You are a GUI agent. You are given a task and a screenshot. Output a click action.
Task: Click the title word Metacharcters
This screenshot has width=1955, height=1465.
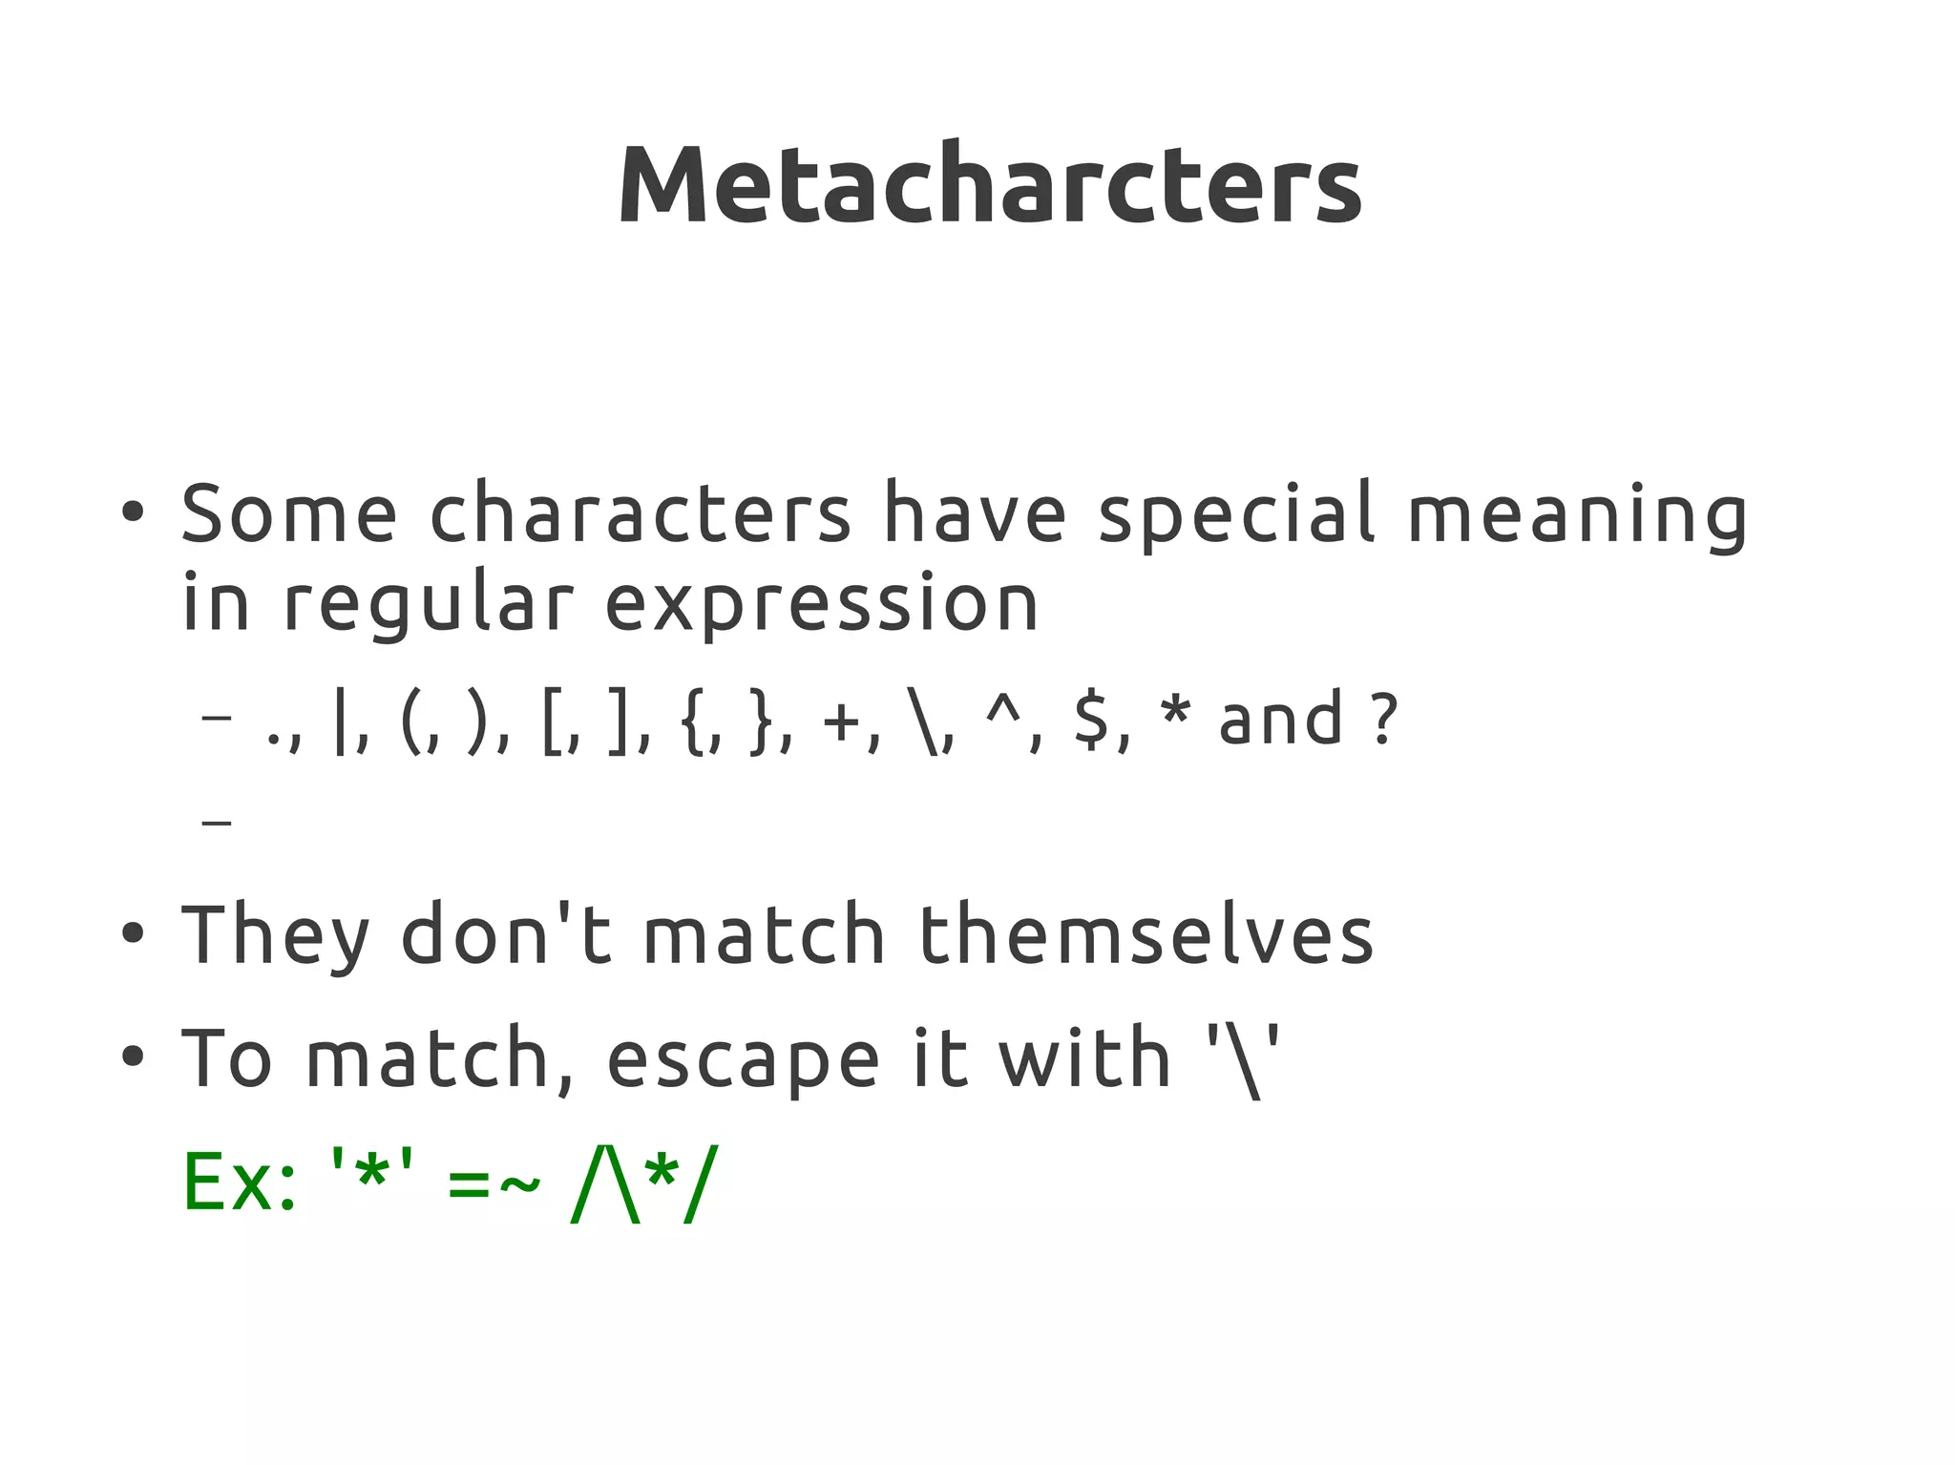click(x=990, y=185)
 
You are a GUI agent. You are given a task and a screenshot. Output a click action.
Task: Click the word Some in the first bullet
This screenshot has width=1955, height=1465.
click(x=289, y=514)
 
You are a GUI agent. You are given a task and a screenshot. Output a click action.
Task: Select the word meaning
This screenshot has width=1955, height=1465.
click(x=1577, y=516)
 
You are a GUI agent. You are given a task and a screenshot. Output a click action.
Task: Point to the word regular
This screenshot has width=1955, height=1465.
click(x=429, y=605)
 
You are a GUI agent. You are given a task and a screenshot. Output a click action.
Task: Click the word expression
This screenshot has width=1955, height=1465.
click(x=822, y=605)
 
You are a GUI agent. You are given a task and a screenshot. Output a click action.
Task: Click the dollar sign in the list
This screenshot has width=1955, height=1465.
click(x=1091, y=721)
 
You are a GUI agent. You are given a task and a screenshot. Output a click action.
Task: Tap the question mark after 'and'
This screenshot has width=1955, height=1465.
click(x=1383, y=720)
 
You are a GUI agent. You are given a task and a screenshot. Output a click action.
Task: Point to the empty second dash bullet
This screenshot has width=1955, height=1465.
click(x=218, y=821)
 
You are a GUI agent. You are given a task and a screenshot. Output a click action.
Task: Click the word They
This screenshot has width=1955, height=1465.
click(x=275, y=935)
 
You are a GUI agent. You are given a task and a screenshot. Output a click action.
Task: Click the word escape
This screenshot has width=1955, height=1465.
click(x=743, y=1059)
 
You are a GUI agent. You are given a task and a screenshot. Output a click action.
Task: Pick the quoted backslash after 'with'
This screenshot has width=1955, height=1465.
click(x=1243, y=1059)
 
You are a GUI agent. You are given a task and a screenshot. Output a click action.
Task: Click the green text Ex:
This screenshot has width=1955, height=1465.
click(x=240, y=1183)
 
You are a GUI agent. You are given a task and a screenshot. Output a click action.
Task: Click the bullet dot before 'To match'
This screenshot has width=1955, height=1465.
click(x=133, y=1057)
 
